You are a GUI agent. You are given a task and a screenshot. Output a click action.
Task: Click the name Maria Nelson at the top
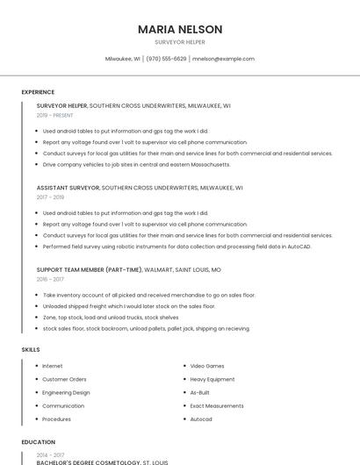click(180, 29)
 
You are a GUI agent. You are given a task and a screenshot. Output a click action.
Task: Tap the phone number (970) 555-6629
click(166, 59)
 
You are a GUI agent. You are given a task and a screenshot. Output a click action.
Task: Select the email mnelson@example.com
click(223, 59)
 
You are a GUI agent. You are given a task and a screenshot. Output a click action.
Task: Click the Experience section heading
click(38, 92)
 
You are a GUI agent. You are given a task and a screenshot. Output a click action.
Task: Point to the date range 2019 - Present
click(54, 115)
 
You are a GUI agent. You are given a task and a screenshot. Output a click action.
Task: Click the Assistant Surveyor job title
click(68, 188)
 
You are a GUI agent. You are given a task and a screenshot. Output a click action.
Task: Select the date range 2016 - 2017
click(50, 279)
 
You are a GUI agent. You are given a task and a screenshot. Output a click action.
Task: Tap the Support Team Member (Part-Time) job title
click(90, 270)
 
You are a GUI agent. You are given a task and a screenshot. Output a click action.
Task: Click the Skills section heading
click(31, 350)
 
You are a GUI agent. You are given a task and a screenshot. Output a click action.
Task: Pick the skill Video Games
click(207, 366)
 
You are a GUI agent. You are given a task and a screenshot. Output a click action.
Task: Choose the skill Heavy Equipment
click(212, 379)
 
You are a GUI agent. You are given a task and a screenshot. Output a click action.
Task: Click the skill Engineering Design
click(66, 392)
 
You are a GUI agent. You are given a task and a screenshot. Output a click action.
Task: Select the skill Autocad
click(201, 419)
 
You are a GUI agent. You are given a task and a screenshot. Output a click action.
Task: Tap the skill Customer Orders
click(64, 379)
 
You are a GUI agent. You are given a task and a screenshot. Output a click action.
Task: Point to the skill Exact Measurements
click(217, 406)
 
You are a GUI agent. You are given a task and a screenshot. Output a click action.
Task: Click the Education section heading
click(38, 442)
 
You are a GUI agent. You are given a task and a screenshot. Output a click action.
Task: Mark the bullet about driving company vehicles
click(136, 164)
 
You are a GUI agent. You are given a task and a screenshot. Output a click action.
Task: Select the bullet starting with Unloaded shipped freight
click(129, 306)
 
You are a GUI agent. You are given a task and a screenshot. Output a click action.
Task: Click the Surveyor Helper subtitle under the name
click(180, 42)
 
